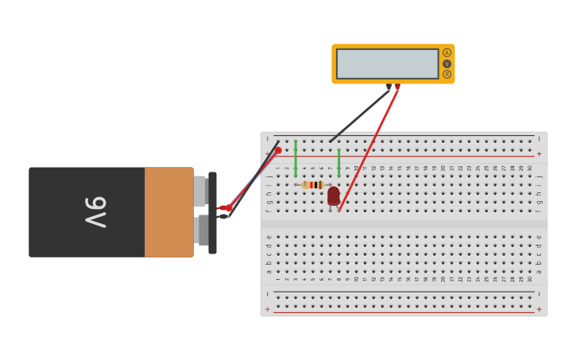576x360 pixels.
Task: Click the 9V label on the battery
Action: pos(95,212)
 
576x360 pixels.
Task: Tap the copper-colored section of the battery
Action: pos(168,212)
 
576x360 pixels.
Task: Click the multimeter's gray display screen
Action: pos(387,64)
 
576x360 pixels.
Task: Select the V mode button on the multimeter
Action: pos(446,64)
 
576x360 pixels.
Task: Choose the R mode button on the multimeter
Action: pos(446,74)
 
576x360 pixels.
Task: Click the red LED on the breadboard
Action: pos(334,195)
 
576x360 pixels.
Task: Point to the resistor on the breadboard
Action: pos(313,184)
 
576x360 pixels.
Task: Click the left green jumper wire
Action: pos(296,159)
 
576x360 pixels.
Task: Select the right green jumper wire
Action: pos(338,162)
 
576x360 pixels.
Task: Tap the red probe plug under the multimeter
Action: pos(397,87)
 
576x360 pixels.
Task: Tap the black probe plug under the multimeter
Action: pos(389,87)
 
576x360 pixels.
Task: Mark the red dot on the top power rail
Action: pos(278,150)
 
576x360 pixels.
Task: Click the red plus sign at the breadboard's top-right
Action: pos(539,153)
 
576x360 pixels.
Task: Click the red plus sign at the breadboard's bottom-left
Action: pos(267,309)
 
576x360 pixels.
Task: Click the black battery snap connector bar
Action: pos(212,213)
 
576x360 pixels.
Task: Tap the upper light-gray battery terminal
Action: pos(199,191)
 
